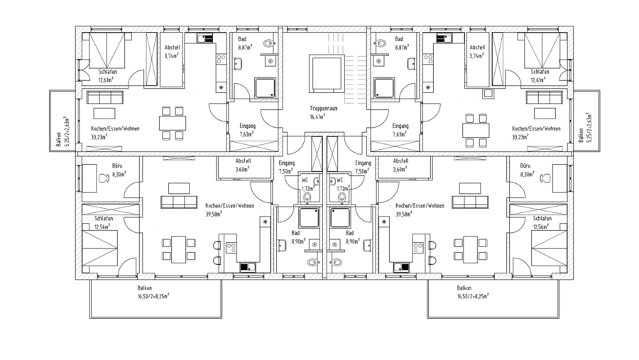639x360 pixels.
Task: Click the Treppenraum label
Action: point(323,109)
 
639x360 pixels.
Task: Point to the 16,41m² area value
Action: point(317,116)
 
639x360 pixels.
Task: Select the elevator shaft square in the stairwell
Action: point(327,73)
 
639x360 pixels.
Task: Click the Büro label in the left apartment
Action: point(117,166)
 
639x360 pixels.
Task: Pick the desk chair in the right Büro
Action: point(545,178)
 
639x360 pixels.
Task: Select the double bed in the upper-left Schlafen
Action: point(107,50)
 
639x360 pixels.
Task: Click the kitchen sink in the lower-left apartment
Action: point(247,267)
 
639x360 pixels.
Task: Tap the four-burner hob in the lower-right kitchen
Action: point(417,248)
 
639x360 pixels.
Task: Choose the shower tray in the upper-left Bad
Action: point(266,88)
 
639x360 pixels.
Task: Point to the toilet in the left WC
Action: point(307,197)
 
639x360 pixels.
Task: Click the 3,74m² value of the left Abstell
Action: point(172,56)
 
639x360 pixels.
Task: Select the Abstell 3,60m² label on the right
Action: point(401,165)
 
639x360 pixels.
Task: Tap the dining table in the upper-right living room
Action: point(476,131)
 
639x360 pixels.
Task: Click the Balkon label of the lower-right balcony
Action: point(464,288)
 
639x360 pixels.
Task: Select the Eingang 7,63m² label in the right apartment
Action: point(400,130)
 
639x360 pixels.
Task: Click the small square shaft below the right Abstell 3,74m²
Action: point(488,93)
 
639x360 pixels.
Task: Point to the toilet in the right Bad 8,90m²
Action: point(337,262)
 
